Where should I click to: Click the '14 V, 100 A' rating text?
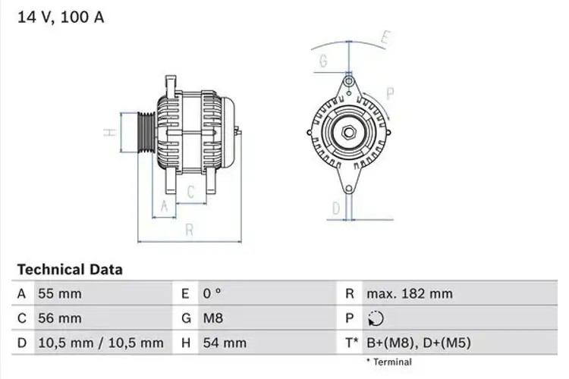pos(60,17)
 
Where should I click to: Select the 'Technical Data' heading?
pos(69,269)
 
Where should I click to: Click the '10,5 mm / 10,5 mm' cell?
pos(100,343)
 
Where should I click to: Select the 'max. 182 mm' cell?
pos(409,293)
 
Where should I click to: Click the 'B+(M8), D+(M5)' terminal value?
pos(418,343)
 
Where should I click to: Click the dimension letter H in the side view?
pos(109,133)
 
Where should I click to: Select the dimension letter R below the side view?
pos(189,228)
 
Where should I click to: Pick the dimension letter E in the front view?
pos(385,36)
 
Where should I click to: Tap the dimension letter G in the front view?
pos(323,61)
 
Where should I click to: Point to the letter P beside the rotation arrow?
pos(391,94)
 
